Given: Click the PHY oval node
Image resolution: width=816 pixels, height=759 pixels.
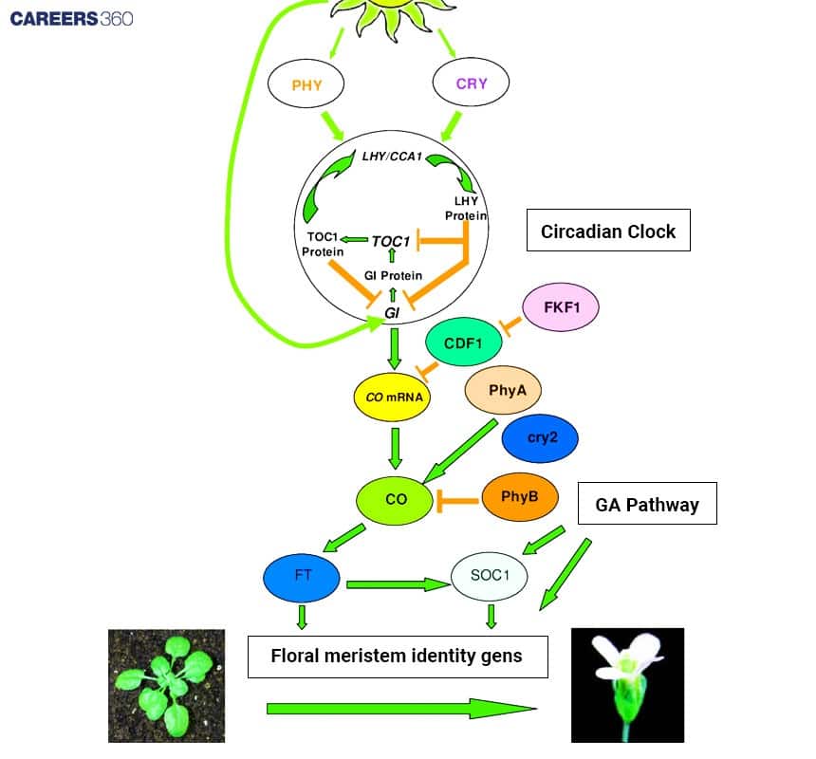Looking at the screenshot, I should click(x=307, y=84).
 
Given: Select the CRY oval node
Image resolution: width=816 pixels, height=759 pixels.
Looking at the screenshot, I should click(x=472, y=83).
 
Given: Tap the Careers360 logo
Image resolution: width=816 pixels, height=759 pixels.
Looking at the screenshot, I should click(x=71, y=18).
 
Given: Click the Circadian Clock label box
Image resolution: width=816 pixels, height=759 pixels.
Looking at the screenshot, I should click(x=608, y=231).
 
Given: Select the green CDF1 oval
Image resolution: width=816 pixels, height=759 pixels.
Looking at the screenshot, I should click(x=465, y=343).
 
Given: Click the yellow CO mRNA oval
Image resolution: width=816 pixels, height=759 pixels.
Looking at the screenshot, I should click(x=392, y=398).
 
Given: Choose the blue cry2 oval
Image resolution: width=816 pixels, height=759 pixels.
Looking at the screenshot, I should click(x=540, y=438).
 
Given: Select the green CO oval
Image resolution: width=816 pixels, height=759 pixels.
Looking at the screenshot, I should click(x=397, y=497).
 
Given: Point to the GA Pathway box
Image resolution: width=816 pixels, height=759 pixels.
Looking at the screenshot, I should click(x=647, y=505).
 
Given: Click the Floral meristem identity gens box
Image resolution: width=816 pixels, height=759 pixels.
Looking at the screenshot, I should click(x=398, y=656).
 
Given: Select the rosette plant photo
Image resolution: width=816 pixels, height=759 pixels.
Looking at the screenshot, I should click(x=166, y=685).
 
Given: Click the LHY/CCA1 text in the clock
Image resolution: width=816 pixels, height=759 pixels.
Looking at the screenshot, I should click(x=392, y=155).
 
